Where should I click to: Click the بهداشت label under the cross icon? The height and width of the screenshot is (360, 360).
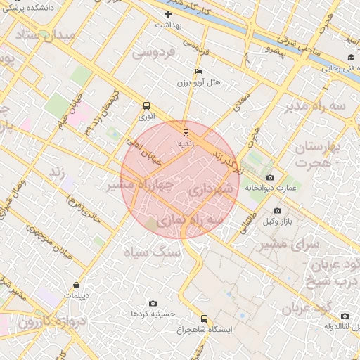(169, 25)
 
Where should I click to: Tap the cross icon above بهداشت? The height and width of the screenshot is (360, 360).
(168, 14)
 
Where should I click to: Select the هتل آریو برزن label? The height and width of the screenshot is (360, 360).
(199, 82)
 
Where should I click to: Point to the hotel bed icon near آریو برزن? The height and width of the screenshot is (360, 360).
(198, 71)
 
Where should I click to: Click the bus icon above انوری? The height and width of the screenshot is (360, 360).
(146, 105)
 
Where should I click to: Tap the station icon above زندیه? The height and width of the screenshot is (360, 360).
(186, 132)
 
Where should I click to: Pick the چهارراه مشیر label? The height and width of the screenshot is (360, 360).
(141, 185)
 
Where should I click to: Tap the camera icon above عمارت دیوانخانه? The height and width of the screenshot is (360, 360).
(271, 177)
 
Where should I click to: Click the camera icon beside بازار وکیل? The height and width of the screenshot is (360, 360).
(277, 211)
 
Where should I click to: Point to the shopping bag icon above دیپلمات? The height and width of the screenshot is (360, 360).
(77, 285)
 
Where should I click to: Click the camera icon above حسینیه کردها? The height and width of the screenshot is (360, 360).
(153, 303)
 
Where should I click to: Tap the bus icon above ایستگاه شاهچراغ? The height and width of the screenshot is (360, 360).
(204, 319)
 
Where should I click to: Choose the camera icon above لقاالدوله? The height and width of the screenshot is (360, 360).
(344, 316)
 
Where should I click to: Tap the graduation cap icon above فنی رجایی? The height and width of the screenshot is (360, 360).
(349, 58)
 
